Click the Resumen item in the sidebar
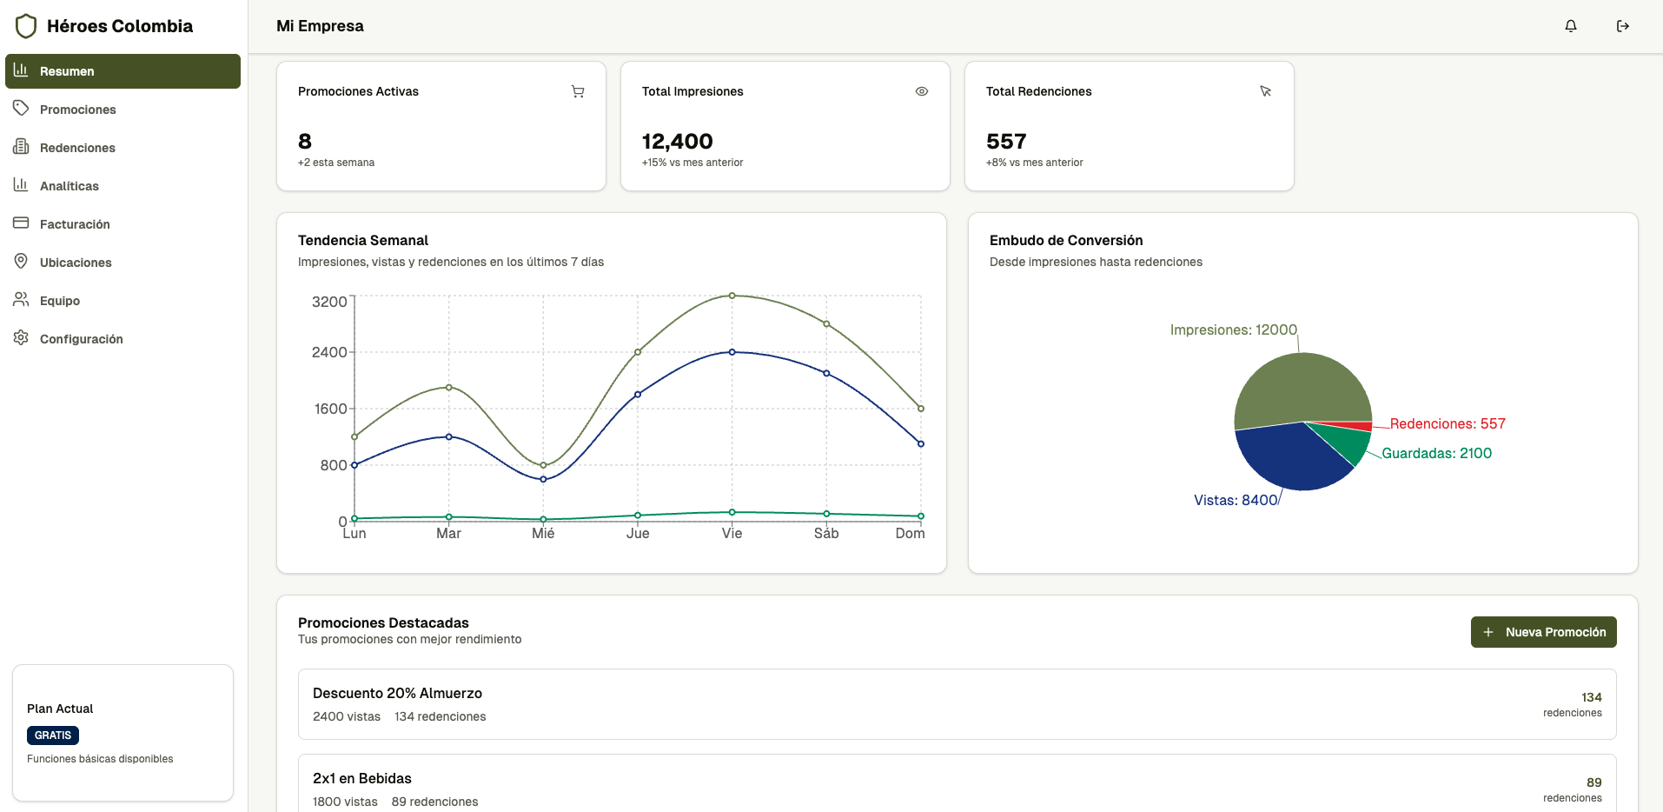tap(122, 71)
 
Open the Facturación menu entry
tap(75, 224)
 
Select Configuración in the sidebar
tap(81, 339)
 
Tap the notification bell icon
tap(1571, 26)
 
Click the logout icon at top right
tap(1622, 26)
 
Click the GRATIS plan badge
tap(53, 735)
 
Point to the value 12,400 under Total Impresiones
tap(677, 142)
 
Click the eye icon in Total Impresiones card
tap(922, 91)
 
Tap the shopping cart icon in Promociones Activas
tap(578, 91)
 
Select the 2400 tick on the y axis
tap(329, 352)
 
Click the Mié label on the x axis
tap(543, 534)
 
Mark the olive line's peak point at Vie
tap(732, 296)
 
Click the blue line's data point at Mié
tap(544, 479)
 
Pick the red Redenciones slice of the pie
tap(1355, 426)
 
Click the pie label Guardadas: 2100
tap(1436, 454)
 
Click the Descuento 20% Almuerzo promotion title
tap(397, 694)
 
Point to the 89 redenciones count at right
tap(1593, 782)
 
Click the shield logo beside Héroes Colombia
tap(26, 26)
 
